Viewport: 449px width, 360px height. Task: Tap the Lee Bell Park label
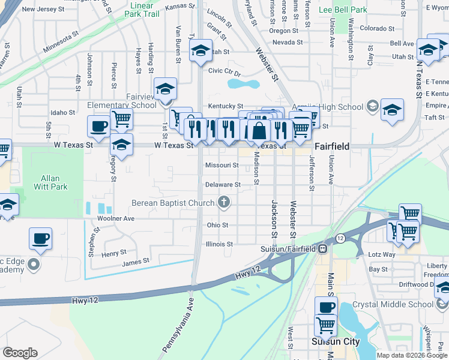coord(359,10)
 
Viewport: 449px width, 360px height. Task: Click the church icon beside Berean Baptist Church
coord(224,202)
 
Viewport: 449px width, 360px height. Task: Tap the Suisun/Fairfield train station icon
coord(322,248)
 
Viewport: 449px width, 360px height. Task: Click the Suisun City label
coord(335,342)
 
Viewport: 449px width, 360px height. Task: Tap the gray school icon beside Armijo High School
coord(372,107)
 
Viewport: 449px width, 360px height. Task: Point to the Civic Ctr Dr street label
coord(224,71)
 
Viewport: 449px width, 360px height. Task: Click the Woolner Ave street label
coord(116,219)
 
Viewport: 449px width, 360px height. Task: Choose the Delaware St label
coord(223,185)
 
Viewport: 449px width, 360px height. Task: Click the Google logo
coord(20,352)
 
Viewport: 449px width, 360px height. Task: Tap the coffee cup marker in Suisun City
coord(325,307)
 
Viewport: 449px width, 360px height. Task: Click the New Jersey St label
coord(43,10)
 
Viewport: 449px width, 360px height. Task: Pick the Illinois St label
coord(219,244)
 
